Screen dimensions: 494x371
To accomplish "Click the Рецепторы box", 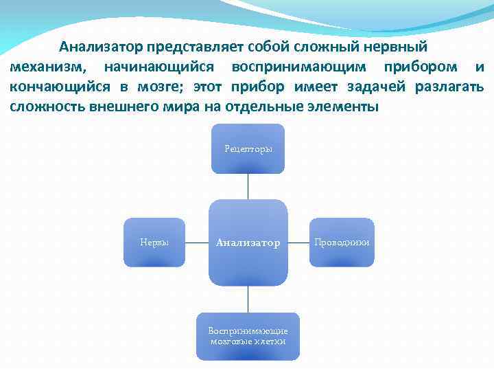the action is click(x=248, y=148).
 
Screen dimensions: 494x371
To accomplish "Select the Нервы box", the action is click(x=154, y=242).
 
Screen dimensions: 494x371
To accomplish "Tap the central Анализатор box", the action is click(x=248, y=243).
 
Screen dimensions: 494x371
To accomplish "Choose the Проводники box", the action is click(x=342, y=242).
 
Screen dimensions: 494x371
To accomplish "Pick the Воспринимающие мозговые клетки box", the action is click(x=248, y=336).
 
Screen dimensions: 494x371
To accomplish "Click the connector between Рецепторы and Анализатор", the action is click(x=248, y=186).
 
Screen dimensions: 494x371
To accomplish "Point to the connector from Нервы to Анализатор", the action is click(x=197, y=243).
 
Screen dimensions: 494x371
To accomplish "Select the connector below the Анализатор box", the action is click(x=248, y=299).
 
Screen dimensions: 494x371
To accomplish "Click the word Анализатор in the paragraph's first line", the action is click(x=100, y=47).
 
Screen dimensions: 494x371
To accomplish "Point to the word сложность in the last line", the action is click(x=47, y=107).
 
